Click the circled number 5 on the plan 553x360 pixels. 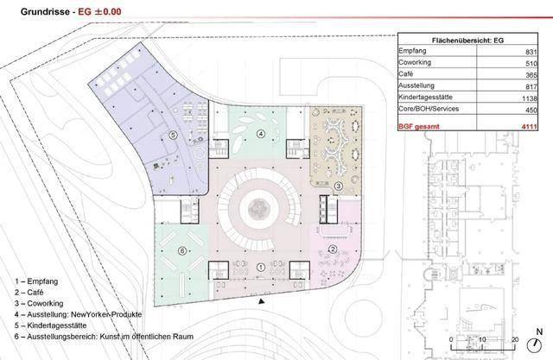click(x=173, y=135)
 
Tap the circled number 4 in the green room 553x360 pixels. click(x=261, y=134)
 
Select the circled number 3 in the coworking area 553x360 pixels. click(x=338, y=186)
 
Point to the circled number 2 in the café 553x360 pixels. click(x=333, y=249)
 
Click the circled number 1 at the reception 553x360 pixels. click(x=261, y=268)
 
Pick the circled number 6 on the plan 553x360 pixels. click(x=182, y=251)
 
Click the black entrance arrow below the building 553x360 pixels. click(x=261, y=301)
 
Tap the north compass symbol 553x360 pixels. click(x=534, y=344)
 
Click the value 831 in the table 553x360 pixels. click(x=531, y=52)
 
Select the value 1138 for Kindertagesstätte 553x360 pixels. click(x=530, y=98)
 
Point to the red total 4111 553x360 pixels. click(x=530, y=126)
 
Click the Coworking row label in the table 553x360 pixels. click(x=415, y=62)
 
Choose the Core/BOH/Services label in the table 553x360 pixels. click(x=429, y=109)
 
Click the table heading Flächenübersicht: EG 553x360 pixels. click(x=467, y=41)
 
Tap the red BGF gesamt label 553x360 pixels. click(x=419, y=126)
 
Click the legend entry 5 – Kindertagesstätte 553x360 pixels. click(x=50, y=325)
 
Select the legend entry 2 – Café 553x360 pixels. click(x=29, y=293)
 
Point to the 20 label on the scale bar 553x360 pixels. click(x=515, y=339)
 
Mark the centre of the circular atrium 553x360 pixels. click(x=259, y=210)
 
